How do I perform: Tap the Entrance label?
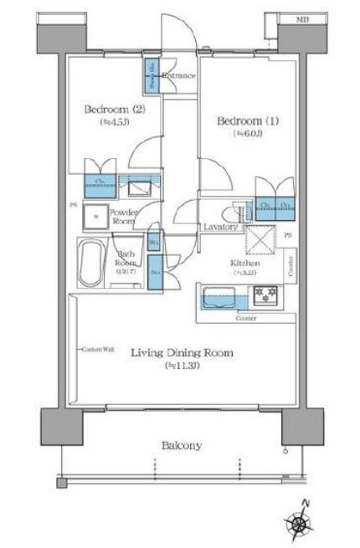(x=178, y=76)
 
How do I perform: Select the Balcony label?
(x=181, y=446)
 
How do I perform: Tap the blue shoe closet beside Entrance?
(x=152, y=77)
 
